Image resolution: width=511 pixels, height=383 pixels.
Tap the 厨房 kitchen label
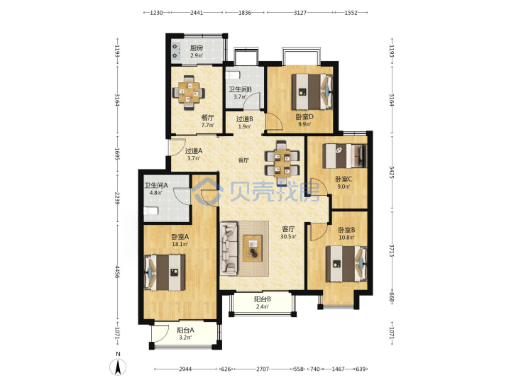click(197, 48)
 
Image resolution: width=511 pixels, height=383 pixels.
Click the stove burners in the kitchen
click(177, 51)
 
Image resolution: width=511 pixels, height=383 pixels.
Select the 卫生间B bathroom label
click(240, 89)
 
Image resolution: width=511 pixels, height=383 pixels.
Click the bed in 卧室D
click(312, 91)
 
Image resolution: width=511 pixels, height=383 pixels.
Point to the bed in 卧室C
click(344, 155)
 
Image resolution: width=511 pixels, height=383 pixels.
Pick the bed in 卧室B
click(346, 264)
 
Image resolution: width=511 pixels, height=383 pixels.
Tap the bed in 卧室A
click(165, 272)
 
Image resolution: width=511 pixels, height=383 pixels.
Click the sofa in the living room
click(229, 248)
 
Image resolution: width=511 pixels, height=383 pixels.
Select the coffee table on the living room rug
click(253, 248)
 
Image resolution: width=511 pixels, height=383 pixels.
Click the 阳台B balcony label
click(263, 299)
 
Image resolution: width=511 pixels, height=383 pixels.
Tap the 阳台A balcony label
click(185, 330)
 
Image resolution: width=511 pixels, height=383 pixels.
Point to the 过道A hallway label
click(194, 151)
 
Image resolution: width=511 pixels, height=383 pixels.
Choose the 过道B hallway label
click(244, 119)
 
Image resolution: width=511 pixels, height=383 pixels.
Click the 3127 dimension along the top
click(300, 13)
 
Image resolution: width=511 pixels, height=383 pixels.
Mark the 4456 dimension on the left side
click(117, 272)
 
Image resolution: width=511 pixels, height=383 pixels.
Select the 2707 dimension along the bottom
click(263, 369)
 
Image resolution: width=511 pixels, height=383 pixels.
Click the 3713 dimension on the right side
click(392, 250)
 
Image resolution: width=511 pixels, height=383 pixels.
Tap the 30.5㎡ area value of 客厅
click(288, 237)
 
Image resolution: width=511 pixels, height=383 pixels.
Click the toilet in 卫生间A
click(151, 211)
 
